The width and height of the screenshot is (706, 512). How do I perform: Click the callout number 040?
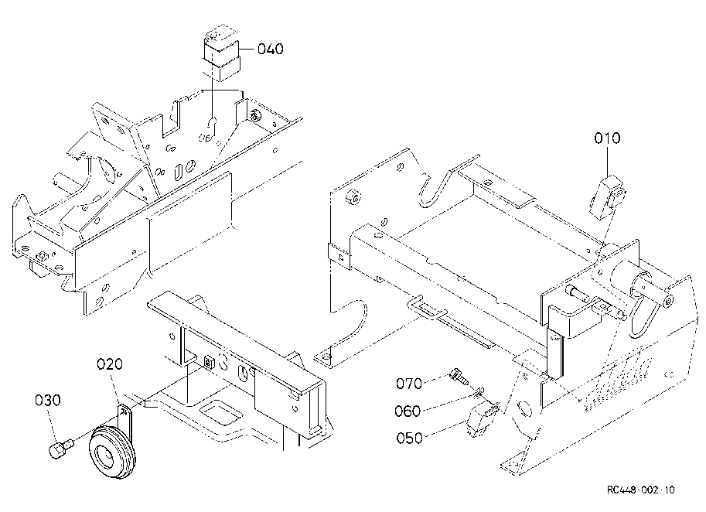tap(270, 49)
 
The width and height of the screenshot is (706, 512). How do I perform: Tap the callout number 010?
tap(607, 138)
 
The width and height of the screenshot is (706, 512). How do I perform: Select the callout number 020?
tap(110, 364)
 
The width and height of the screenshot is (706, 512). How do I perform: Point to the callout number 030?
tap(48, 400)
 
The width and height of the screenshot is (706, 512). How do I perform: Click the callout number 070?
tap(409, 384)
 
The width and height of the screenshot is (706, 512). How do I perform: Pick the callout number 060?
tap(408, 411)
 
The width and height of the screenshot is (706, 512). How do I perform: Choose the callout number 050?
tap(409, 438)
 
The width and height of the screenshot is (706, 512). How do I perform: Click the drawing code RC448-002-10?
tap(641, 490)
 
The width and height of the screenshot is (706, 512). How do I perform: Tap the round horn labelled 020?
tap(113, 451)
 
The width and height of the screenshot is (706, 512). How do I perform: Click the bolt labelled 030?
tap(60, 449)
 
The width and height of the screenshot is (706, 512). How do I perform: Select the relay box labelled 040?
tap(223, 54)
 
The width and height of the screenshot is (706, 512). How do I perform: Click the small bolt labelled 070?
tap(459, 376)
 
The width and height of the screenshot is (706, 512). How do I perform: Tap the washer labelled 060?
tap(479, 392)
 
